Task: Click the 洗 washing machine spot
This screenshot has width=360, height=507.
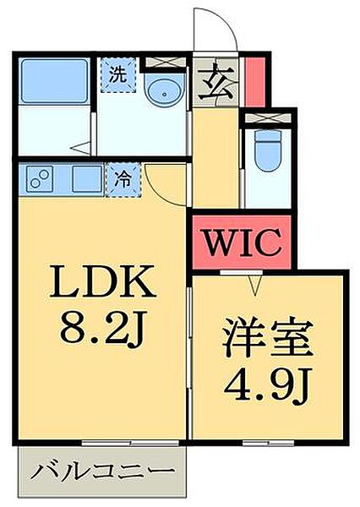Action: (x=117, y=73)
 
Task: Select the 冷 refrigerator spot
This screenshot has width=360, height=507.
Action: (x=121, y=179)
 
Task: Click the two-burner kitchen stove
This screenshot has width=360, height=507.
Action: (x=41, y=180)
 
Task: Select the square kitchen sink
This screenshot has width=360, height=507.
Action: (x=85, y=179)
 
